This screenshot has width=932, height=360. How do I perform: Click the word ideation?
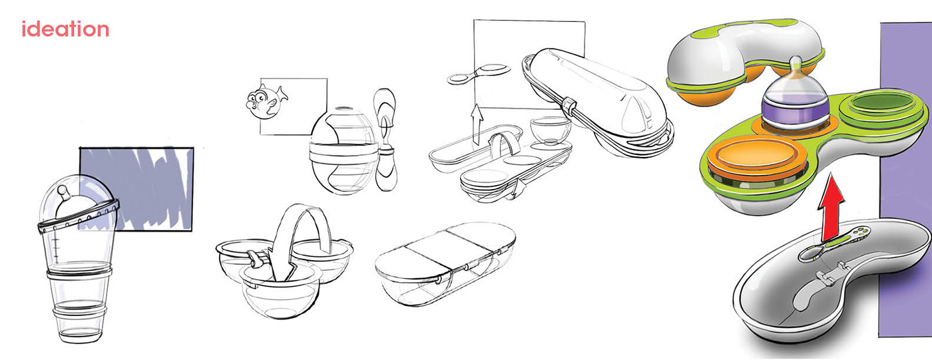pyautogui.click(x=65, y=29)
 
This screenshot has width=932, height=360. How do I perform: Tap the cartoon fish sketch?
pyautogui.click(x=266, y=102)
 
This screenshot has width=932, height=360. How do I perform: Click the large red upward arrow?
pyautogui.click(x=831, y=206)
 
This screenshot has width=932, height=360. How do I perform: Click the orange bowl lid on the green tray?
pyautogui.click(x=748, y=158)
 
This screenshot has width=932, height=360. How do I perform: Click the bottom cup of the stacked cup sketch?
pyautogui.click(x=79, y=324)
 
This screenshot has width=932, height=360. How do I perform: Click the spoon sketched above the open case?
pyautogui.click(x=479, y=74)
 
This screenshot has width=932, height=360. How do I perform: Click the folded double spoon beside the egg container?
pyautogui.click(x=385, y=139)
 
